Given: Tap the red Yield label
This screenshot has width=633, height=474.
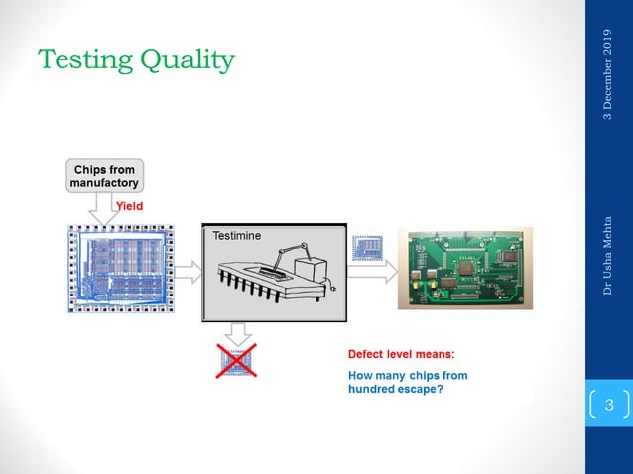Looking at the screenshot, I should pos(130,206).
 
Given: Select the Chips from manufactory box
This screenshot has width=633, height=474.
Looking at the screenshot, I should pos(104,176).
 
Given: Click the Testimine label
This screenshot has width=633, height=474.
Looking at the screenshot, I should pos(235,237).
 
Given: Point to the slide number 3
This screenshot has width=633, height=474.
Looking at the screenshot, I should pos(609,405).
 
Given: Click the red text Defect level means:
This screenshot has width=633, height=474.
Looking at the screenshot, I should pos(401,354).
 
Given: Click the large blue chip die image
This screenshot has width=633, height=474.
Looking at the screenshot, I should pos(120,269).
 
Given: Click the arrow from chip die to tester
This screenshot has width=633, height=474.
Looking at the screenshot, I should pos(189,269).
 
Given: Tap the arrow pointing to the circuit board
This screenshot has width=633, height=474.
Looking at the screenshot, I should pos(371,270).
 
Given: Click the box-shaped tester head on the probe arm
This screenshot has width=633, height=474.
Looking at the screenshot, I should pos(316,271).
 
